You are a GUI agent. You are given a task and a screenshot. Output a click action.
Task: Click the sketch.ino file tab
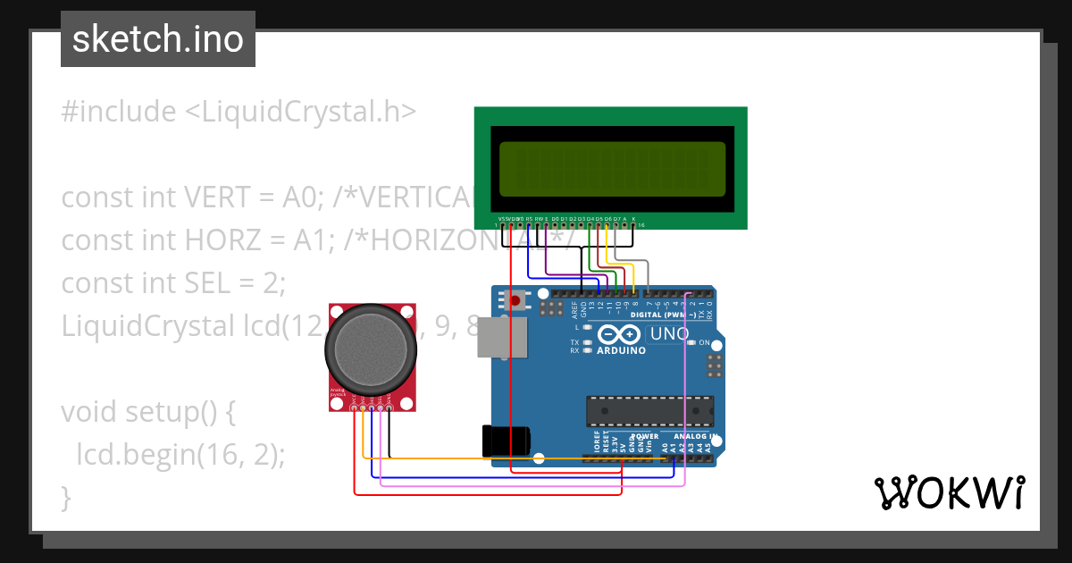point(157,39)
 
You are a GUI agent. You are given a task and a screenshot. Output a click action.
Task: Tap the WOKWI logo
point(949,493)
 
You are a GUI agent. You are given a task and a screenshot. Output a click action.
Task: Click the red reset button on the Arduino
point(515,300)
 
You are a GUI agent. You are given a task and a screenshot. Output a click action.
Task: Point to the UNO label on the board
point(669,334)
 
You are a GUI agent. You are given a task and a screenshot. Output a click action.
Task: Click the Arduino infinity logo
point(619,335)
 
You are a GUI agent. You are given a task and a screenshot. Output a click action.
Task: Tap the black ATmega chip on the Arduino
point(649,411)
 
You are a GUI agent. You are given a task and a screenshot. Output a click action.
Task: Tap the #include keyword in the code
point(119,112)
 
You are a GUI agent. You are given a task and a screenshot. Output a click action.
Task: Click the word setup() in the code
point(170,412)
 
